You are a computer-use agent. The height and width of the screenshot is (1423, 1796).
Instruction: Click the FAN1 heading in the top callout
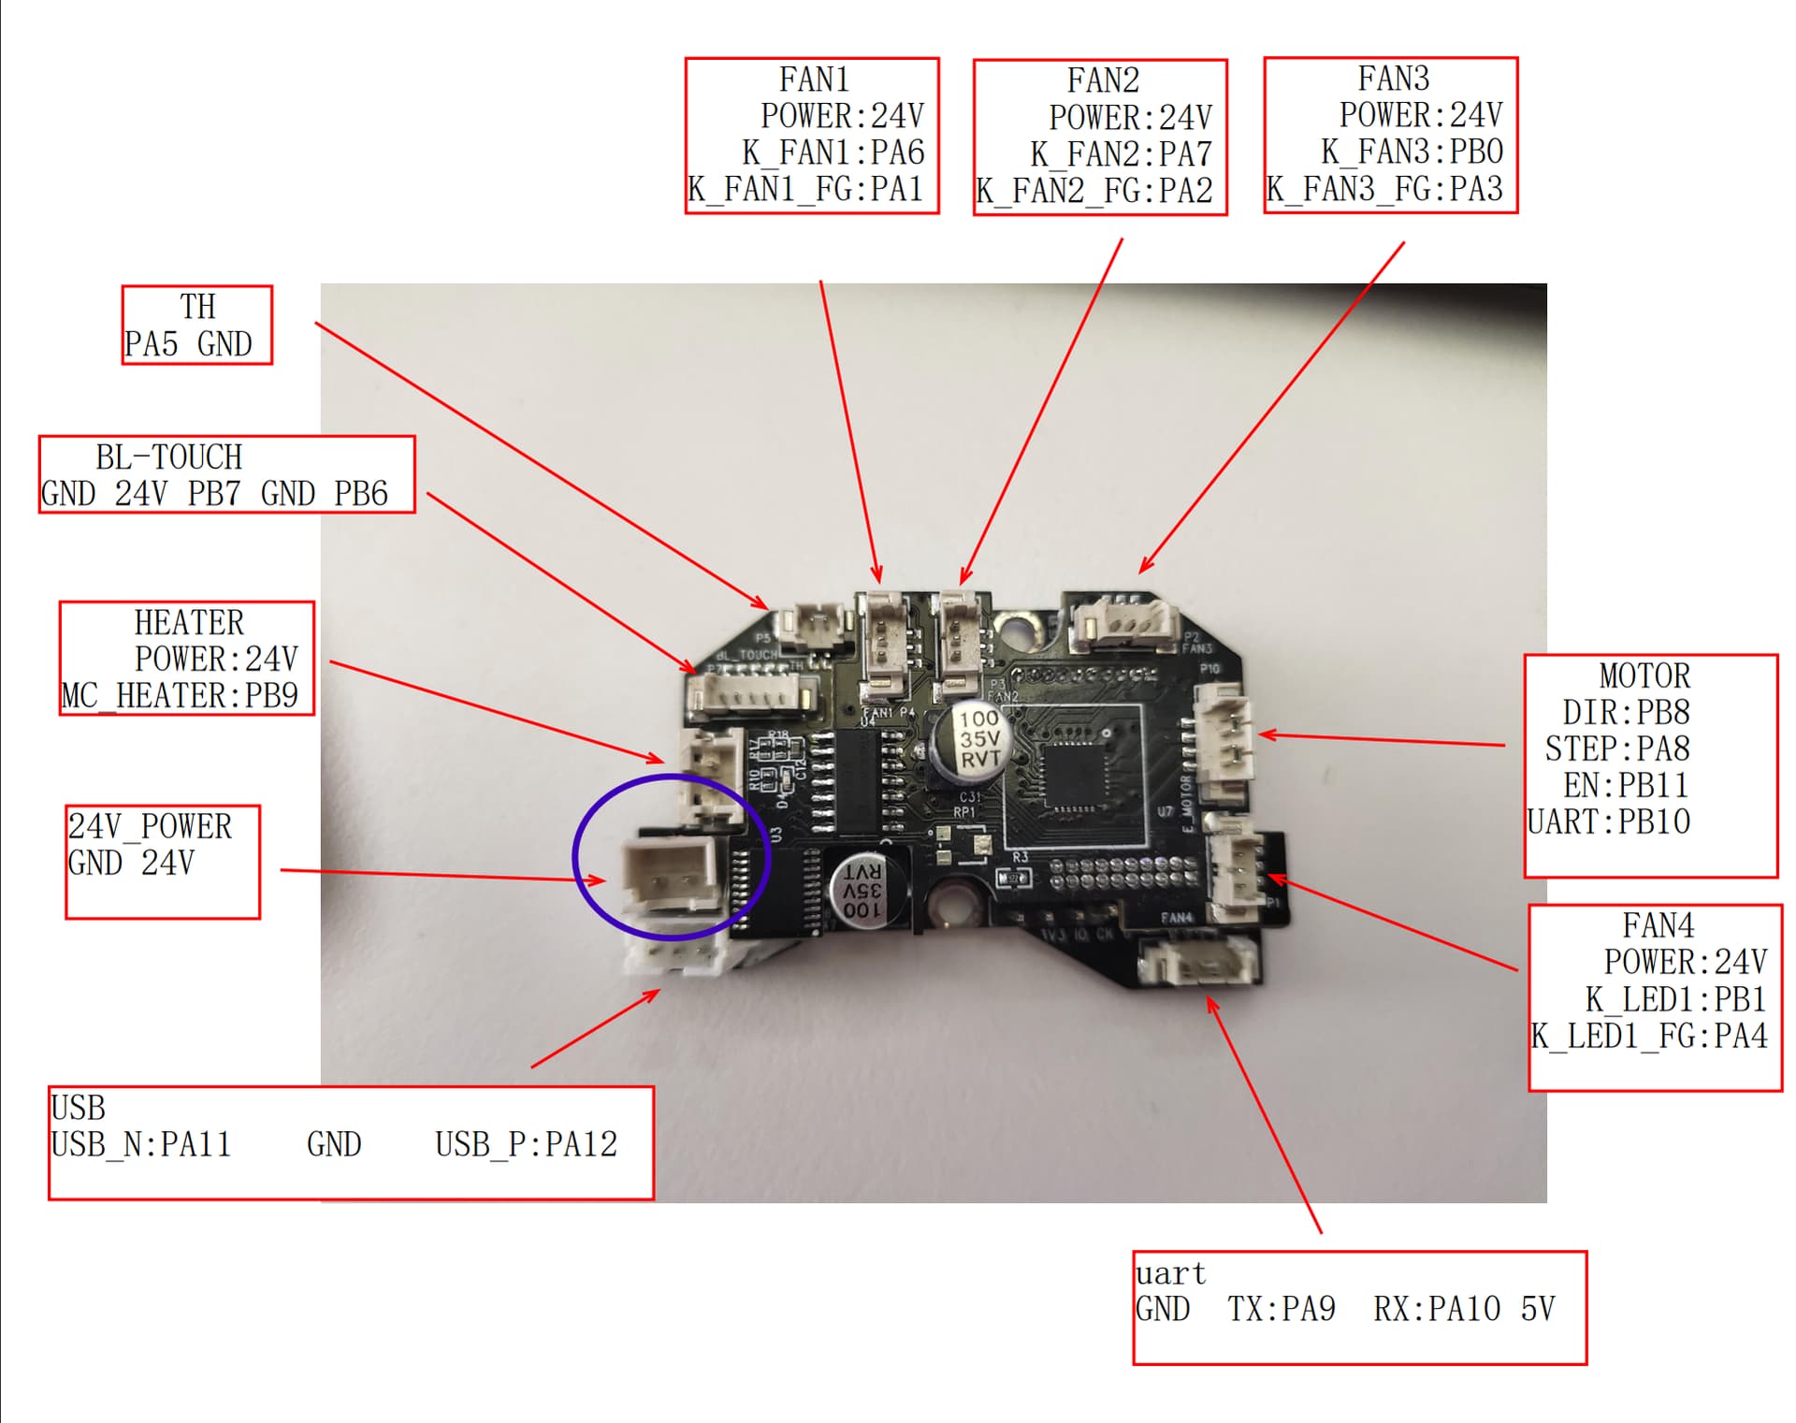tap(813, 80)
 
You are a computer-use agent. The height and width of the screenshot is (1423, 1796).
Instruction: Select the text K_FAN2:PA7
tap(1121, 154)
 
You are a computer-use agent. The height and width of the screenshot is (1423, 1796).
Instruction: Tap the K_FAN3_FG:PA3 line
tap(1383, 189)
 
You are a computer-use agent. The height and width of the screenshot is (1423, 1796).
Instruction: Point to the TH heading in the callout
tap(197, 307)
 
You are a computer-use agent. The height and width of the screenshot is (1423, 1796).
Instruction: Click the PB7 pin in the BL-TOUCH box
tap(213, 493)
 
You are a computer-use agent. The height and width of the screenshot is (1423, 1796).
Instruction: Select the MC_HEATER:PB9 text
tap(180, 696)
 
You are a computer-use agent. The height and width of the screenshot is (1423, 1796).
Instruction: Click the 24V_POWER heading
tap(150, 826)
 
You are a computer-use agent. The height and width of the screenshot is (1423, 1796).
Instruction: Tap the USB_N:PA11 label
tap(140, 1144)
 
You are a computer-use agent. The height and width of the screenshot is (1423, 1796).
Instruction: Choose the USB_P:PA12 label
tap(526, 1144)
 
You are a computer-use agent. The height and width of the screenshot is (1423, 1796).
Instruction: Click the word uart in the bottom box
tap(1170, 1273)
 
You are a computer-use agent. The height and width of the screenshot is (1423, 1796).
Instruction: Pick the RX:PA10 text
tap(1436, 1309)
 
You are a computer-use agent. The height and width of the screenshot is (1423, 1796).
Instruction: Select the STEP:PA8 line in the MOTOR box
tap(1616, 748)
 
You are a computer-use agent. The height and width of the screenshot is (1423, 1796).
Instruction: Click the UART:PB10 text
tap(1608, 821)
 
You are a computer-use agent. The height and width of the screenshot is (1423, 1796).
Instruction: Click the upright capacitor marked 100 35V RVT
tap(973, 739)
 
